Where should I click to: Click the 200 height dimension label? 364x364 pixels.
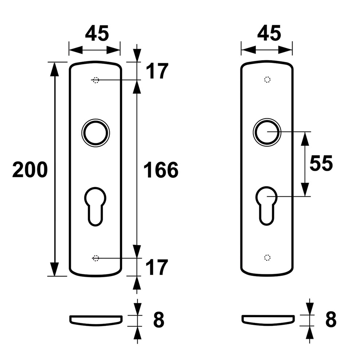30,170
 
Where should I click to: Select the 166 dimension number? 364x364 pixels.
161,170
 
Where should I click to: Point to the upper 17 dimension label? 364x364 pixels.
157,71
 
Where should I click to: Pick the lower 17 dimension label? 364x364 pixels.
157,267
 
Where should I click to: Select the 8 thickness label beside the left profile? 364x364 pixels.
159,320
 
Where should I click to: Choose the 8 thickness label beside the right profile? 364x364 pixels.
331,319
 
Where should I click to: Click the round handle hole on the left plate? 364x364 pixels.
96,122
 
